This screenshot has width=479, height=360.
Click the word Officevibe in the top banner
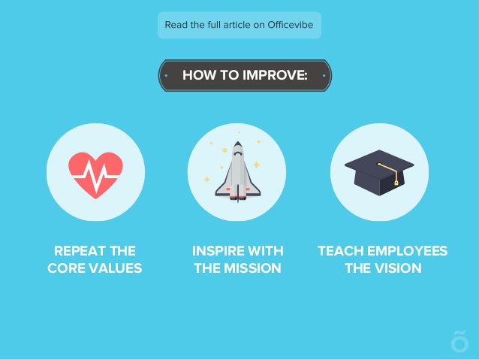coord(291,25)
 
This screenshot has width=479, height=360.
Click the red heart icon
coord(95,175)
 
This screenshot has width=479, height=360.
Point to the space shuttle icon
coord(238,171)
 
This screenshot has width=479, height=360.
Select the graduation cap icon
coord(379,173)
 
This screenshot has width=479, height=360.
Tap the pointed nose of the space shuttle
coord(238,143)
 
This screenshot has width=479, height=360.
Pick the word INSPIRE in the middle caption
coord(215,251)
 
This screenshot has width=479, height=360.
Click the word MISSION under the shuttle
coord(252,268)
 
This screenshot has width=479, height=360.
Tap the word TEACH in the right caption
coord(341,251)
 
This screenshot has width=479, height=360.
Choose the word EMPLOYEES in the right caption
coord(408,251)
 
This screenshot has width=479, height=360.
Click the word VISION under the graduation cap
coord(399,268)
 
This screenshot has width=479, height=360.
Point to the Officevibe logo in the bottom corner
coord(459,341)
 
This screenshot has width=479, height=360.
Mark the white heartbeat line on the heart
coord(96,176)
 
